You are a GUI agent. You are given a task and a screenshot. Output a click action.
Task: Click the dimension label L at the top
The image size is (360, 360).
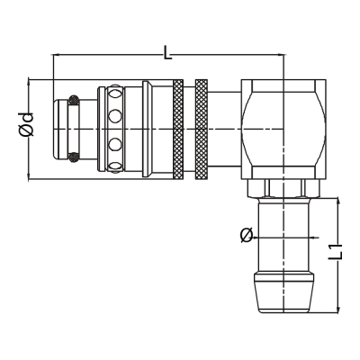[x=167, y=52]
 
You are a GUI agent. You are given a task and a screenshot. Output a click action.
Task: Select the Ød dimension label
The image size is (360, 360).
[x=26, y=124]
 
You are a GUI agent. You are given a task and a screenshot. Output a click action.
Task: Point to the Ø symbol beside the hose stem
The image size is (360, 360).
[x=247, y=235]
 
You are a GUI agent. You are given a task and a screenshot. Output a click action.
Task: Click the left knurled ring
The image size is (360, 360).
[x=178, y=130]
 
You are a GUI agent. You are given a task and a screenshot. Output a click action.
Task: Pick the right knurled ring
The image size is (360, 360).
[x=202, y=130]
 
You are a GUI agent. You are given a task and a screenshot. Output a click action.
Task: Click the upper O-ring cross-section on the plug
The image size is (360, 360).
[x=74, y=100]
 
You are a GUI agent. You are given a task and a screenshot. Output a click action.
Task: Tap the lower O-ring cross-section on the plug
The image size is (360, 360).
[x=74, y=157]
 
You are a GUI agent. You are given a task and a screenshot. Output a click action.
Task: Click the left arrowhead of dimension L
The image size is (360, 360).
[x=56, y=55]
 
